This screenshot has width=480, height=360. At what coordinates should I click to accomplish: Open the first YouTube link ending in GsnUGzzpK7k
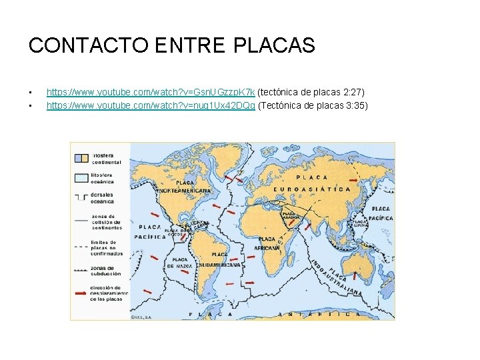pos(151,91)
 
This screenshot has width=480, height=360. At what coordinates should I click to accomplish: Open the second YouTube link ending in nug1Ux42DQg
pos(151,106)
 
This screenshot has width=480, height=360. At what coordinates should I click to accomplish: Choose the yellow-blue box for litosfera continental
pos(80,158)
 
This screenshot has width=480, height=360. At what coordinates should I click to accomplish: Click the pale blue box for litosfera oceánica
pos(80,177)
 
